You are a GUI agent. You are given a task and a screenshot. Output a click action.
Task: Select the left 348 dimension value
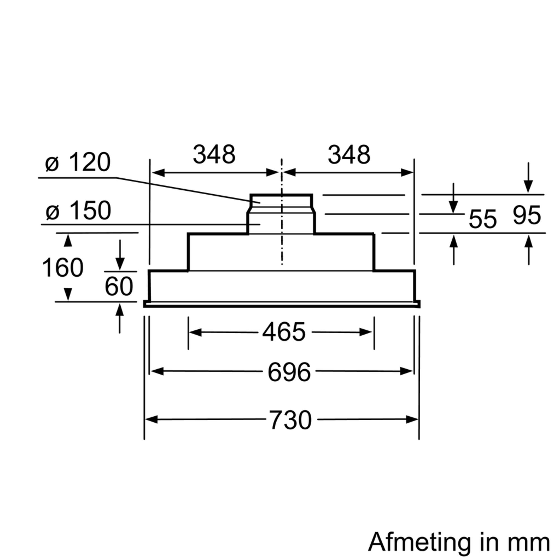[214, 155]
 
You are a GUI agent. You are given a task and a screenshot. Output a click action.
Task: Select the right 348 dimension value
[349, 155]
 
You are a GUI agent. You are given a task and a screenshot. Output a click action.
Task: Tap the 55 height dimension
[483, 220]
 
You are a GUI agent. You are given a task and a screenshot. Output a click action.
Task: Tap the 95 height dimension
[527, 215]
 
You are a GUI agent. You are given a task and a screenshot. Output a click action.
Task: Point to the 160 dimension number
[63, 268]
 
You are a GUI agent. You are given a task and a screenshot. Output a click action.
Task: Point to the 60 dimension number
[119, 287]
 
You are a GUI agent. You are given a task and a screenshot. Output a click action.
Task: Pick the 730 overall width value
[290, 420]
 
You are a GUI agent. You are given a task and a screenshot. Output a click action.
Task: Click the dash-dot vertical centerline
[282, 212]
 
